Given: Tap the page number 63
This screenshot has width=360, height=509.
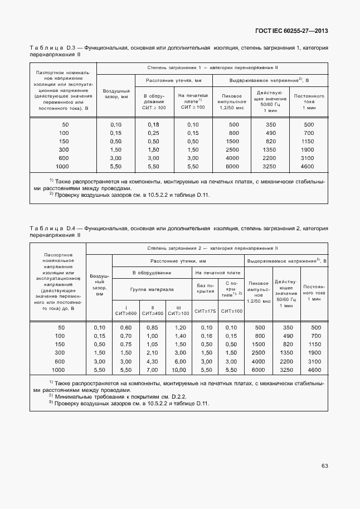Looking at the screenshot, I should click(324, 466).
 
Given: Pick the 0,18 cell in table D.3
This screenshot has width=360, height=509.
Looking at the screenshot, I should click(154, 124).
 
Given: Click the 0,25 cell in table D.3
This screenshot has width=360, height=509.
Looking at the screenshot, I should click(154, 133).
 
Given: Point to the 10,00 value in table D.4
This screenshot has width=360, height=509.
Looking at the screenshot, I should click(178, 370).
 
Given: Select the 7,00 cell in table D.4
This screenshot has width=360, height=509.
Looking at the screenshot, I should click(152, 370).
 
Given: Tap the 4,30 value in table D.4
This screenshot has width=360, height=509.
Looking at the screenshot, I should click(152, 361).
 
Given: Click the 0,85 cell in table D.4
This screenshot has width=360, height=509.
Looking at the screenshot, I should click(152, 327).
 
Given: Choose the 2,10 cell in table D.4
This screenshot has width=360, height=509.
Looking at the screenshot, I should click(152, 353).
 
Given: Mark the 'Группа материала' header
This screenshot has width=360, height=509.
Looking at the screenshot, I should click(152, 289).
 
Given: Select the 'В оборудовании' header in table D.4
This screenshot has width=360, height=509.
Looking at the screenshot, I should click(152, 273).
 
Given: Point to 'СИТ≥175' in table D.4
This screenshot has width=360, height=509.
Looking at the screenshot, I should click(205, 311).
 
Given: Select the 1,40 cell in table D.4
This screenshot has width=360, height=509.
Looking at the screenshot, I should click(178, 336).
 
